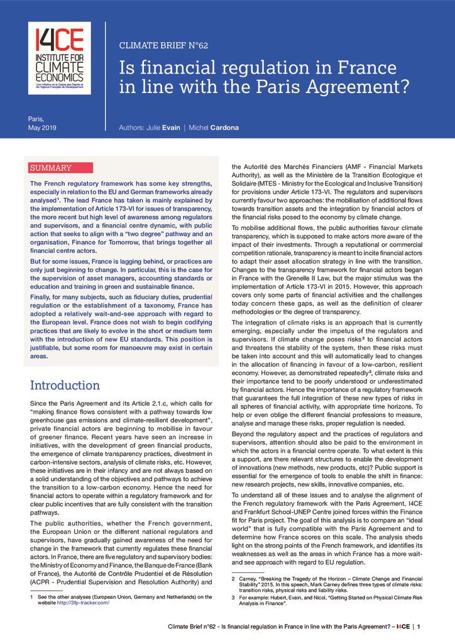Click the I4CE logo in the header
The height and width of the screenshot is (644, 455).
pyautogui.click(x=59, y=58)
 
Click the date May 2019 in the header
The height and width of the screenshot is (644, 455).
pyautogui.click(x=43, y=128)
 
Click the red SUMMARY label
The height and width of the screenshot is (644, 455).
pyautogui.click(x=51, y=168)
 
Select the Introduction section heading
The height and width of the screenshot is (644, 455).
pyautogui.click(x=65, y=385)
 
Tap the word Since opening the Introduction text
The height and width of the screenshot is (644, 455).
pyautogui.click(x=40, y=402)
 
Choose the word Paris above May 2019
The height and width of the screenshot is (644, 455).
pyautogui.click(x=36, y=118)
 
